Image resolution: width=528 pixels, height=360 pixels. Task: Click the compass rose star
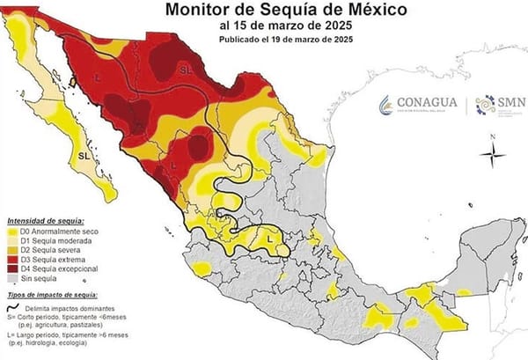coord(493,155)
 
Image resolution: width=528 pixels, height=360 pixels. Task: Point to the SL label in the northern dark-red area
coord(185,68)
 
